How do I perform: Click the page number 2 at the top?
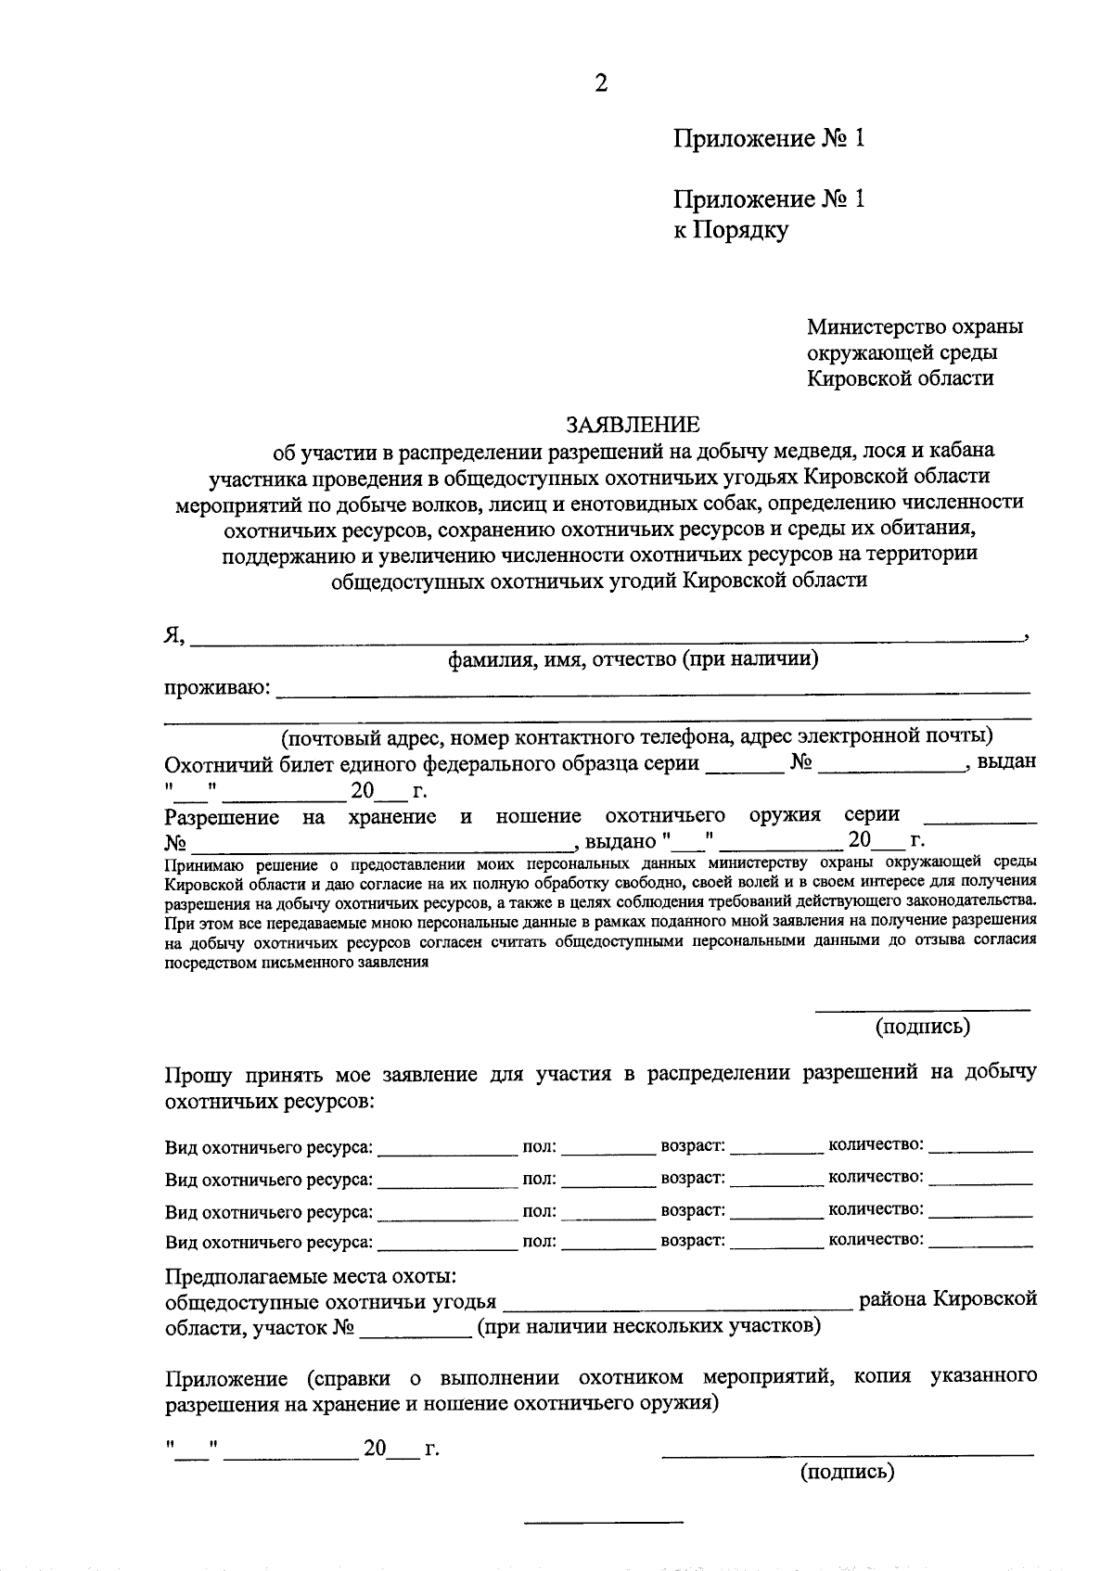[601, 84]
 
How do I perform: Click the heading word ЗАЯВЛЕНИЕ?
[634, 425]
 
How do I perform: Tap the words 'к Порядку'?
[730, 229]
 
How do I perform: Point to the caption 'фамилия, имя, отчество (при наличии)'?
[633, 659]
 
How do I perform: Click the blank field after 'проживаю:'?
[654, 687]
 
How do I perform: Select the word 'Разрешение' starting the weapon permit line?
[223, 817]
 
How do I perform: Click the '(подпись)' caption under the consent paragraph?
[922, 1026]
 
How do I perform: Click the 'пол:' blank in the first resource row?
[608, 1149]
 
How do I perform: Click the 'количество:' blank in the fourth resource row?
[980, 1244]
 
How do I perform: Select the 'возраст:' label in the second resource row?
[692, 1177]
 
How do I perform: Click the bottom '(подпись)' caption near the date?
[847, 1472]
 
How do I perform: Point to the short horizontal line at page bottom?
[604, 1522]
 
